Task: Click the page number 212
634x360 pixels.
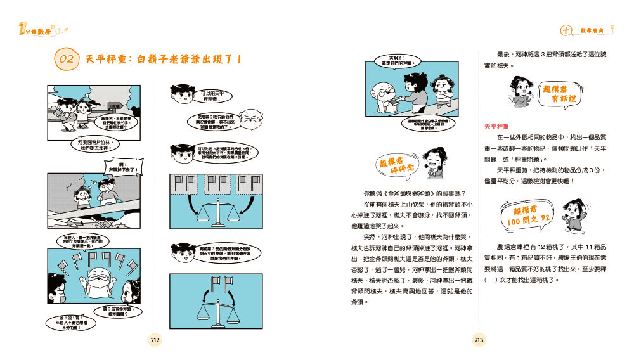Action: click(155, 340)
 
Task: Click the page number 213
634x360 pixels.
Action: click(479, 340)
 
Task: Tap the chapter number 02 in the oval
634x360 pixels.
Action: click(67, 60)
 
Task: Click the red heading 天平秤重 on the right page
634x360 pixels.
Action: click(498, 127)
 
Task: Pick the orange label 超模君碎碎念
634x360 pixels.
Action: click(394, 168)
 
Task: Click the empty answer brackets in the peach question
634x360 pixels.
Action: click(491, 279)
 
